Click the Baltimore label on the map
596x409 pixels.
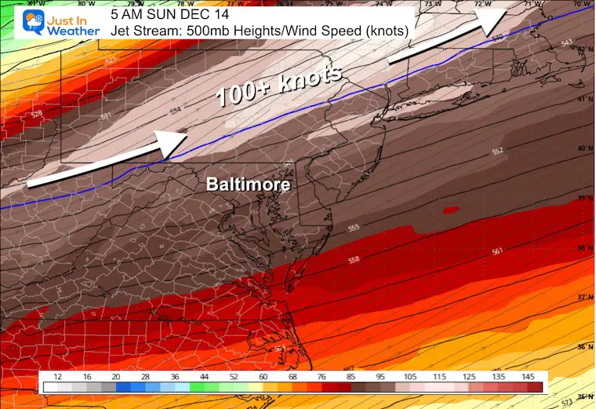point(248,185)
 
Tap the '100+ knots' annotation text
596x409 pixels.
point(279,85)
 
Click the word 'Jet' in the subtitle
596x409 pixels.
point(122,31)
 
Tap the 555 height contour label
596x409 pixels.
point(354,228)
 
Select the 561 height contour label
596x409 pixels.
point(496,251)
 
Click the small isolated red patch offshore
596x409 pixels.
point(450,210)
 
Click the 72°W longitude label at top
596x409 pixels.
point(478,4)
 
